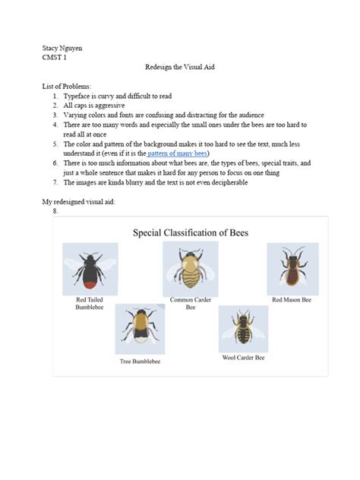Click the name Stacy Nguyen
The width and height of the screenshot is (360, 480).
(62, 48)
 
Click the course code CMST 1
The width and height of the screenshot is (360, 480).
(55, 57)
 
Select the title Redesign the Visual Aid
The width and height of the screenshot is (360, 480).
(180, 68)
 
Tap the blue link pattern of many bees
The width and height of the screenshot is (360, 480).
(178, 153)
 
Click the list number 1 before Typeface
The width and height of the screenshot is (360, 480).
(55, 96)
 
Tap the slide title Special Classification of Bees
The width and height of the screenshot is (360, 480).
(191, 232)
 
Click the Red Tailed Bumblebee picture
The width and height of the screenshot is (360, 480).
(90, 268)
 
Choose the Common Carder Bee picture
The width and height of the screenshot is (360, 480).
(191, 268)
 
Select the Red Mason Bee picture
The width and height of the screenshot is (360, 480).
(292, 268)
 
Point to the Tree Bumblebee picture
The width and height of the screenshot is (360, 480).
(140, 328)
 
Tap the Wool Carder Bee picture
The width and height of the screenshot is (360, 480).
(243, 328)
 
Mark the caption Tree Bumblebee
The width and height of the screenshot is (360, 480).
(140, 362)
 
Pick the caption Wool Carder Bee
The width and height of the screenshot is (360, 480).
(243, 357)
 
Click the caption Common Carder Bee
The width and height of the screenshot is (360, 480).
(191, 304)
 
